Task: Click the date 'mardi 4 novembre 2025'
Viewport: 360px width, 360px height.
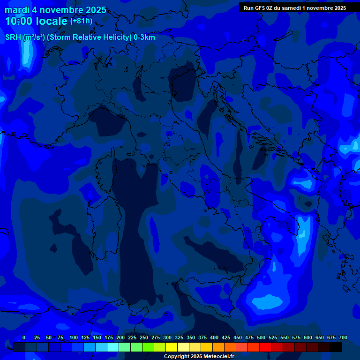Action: pyautogui.click(x=55, y=10)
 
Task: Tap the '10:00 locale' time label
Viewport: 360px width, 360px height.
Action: pyautogui.click(x=36, y=21)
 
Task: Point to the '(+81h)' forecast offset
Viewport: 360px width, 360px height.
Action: pyautogui.click(x=81, y=21)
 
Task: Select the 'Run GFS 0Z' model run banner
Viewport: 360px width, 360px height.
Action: pyautogui.click(x=295, y=8)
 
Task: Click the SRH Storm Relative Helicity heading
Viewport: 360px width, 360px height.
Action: pyautogui.click(x=80, y=37)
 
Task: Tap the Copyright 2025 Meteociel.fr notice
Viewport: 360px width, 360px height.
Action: pyautogui.click(x=199, y=357)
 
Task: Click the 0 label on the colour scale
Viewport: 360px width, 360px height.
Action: pyautogui.click(x=23, y=337)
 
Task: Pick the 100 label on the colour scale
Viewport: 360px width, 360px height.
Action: pyautogui.click(x=74, y=337)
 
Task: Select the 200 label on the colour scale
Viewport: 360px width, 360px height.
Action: pyautogui.click(x=120, y=337)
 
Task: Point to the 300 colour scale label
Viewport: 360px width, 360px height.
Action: pyautogui.click(x=167, y=337)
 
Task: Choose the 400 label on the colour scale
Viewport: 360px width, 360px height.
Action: pyautogui.click(x=214, y=337)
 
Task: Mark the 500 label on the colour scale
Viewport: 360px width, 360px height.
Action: pyautogui.click(x=261, y=337)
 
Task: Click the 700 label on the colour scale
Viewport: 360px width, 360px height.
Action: pyautogui.click(x=343, y=337)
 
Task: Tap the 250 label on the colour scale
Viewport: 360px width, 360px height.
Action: pyautogui.click(x=144, y=337)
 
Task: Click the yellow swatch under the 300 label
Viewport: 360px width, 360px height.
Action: pyautogui.click(x=172, y=347)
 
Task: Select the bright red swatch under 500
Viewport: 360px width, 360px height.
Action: pyautogui.click(x=265, y=347)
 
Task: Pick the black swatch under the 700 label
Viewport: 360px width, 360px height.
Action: pyautogui.click(x=336, y=347)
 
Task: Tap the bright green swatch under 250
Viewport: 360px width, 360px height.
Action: pyautogui.click(x=148, y=347)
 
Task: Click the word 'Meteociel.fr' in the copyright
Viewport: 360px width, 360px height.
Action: pyautogui.click(x=218, y=357)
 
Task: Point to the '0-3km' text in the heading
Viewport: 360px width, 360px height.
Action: pyautogui.click(x=144, y=37)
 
